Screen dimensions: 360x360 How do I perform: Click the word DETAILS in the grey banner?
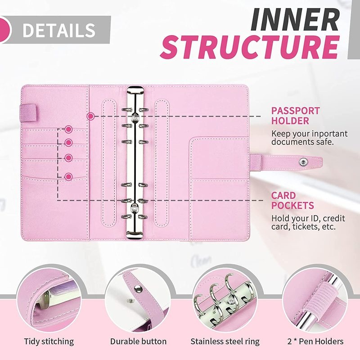point(58,30)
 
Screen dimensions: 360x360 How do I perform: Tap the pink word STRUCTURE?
point(250,49)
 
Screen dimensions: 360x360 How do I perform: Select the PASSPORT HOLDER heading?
point(296,116)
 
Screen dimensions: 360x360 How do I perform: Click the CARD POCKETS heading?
point(292,201)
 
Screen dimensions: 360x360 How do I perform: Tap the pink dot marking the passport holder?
point(90,116)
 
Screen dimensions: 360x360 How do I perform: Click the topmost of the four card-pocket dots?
point(68,130)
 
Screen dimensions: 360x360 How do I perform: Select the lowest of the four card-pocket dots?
point(68,176)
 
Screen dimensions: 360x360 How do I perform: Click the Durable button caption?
point(138,341)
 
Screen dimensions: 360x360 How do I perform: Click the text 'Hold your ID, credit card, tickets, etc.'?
point(308,222)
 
